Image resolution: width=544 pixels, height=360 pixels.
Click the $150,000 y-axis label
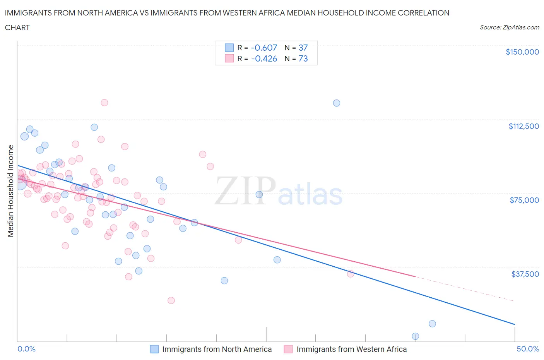point(522,52)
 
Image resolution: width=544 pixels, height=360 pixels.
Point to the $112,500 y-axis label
point(523,126)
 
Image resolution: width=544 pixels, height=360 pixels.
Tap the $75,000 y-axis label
point(524,200)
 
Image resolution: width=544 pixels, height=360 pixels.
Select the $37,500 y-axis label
point(525,274)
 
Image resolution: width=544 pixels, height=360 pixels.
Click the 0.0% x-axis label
point(26,349)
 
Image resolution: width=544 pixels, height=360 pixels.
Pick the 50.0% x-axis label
point(528,349)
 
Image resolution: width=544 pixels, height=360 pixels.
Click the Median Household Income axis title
point(11,191)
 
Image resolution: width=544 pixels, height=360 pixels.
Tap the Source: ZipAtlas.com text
point(509,27)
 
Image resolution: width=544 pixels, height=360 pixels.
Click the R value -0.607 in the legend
point(264,48)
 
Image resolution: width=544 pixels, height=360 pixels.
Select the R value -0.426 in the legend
point(264,58)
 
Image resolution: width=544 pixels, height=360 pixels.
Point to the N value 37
point(303,48)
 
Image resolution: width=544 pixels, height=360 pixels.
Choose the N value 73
point(303,58)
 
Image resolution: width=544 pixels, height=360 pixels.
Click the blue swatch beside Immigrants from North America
point(154,349)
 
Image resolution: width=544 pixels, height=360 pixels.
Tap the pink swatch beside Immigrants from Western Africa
point(288,349)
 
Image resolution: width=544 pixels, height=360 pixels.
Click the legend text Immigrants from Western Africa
point(351,349)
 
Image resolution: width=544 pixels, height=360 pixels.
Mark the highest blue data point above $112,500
point(337,103)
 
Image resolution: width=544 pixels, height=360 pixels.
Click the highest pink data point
point(104,103)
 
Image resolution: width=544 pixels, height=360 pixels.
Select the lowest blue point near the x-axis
point(416,336)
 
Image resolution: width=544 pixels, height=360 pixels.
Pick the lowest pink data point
point(171,300)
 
